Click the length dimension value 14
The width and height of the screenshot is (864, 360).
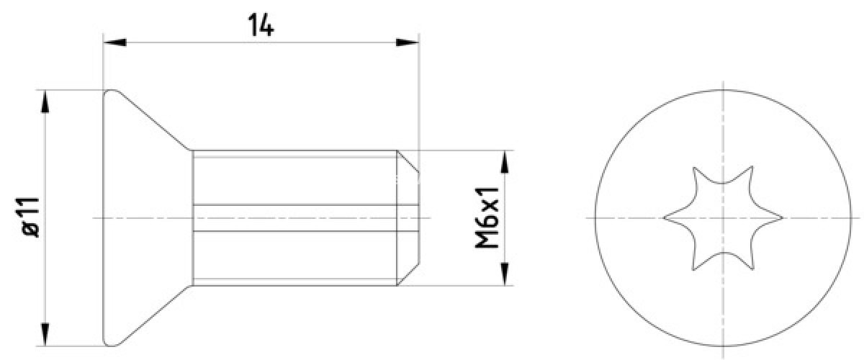click(x=261, y=25)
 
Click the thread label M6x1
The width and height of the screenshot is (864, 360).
click(x=487, y=217)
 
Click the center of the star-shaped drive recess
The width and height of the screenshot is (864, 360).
click(x=722, y=217)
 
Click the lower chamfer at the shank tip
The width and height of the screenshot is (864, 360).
click(x=408, y=274)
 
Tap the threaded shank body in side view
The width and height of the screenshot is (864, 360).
click(x=295, y=180)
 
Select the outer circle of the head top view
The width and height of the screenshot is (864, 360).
click(x=722, y=89)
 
